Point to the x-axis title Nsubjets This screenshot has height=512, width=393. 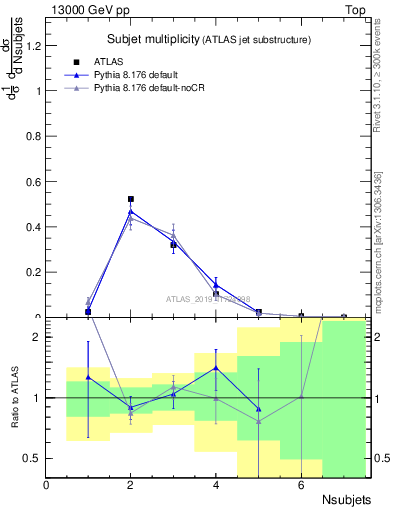[x=347, y=497]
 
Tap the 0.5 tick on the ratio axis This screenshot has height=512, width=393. [x=34, y=458]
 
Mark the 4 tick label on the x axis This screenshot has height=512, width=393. [x=216, y=484]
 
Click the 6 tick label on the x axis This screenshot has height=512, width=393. [x=301, y=484]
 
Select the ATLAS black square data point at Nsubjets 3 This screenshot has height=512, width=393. [x=173, y=244]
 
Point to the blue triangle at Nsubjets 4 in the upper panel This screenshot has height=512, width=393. [x=216, y=285]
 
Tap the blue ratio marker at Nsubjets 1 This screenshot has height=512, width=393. [x=88, y=377]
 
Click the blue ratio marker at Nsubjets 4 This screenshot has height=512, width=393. [x=216, y=368]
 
